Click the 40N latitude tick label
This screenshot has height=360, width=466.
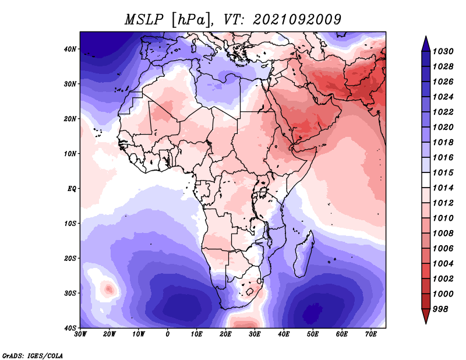pos(70,49)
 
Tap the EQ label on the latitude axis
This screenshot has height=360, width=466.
pos(72,189)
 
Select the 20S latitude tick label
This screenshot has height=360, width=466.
pos(70,258)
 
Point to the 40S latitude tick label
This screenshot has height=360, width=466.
pos(70,328)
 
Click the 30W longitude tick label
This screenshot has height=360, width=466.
pos(80,334)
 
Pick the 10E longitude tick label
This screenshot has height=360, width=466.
pos(196,334)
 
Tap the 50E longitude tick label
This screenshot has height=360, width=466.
pos(313,334)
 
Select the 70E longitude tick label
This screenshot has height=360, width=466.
pos(371,334)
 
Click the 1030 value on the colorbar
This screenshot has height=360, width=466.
pos(443,51)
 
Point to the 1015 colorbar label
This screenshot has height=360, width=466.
pos(443,172)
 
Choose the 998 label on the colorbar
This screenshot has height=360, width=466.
pos(440,309)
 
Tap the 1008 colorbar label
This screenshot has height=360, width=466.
pos(443,234)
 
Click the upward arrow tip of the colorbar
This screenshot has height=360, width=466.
pos(426,36)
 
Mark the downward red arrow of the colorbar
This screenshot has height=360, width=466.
pos(426,316)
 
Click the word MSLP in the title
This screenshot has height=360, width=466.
pos(144,20)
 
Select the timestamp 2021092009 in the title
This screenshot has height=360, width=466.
pos(297,20)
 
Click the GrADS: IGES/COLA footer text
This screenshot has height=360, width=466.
pos(33,355)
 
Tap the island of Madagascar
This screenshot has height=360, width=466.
pos(303,256)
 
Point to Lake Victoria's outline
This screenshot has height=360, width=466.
pos(263,192)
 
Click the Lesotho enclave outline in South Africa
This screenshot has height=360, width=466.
pos(249,291)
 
